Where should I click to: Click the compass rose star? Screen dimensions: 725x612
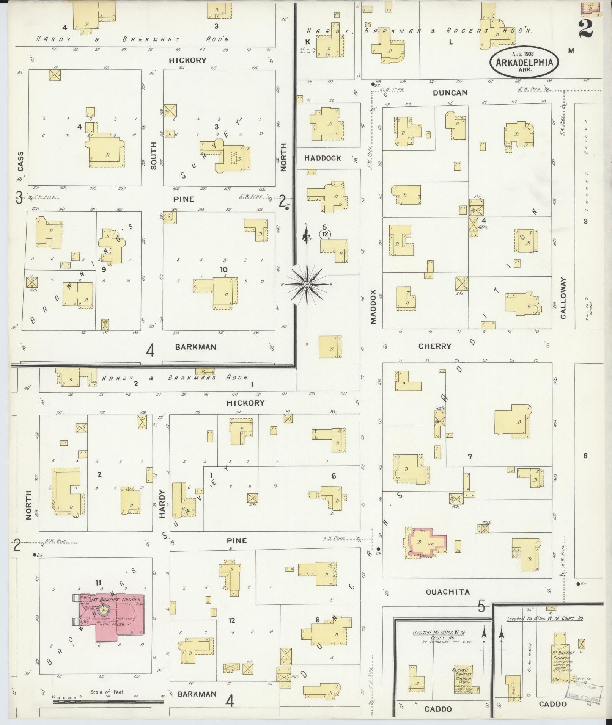coord(307,284)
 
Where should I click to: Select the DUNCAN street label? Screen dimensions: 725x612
coord(450,93)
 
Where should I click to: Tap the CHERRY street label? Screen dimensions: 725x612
coord(435,346)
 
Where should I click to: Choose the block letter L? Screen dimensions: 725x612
coord(451,42)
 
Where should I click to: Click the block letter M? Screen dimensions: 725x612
coord(571,51)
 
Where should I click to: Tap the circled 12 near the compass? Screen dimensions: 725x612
coord(324,234)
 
